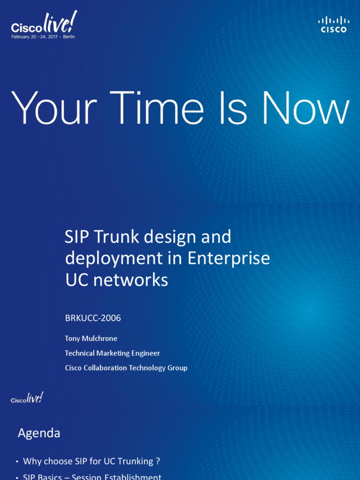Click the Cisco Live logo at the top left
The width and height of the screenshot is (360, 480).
pyautogui.click(x=43, y=24)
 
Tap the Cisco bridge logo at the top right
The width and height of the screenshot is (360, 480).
pyautogui.click(x=334, y=24)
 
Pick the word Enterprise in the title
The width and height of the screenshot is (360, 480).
pyautogui.click(x=229, y=259)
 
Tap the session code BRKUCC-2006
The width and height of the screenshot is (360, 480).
pyautogui.click(x=93, y=318)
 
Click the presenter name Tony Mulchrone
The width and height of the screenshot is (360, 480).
pyautogui.click(x=91, y=338)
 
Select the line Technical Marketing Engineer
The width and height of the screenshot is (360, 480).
pyautogui.click(x=112, y=353)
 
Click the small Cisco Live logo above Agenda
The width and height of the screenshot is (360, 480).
pyautogui.click(x=27, y=398)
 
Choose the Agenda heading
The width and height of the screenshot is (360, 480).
pyautogui.click(x=39, y=433)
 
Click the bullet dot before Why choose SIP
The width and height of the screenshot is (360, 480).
pyautogui.click(x=17, y=462)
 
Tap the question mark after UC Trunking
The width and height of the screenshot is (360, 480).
pyautogui.click(x=158, y=461)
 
